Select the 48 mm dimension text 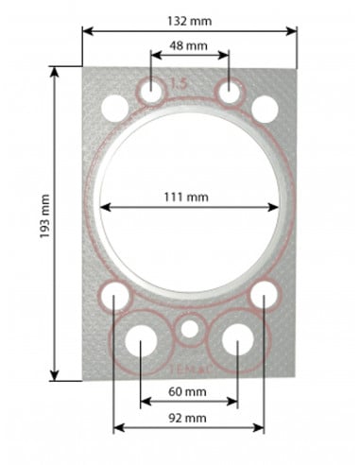tap(189, 44)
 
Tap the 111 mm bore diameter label tap(190, 197)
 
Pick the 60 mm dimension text tap(189, 390)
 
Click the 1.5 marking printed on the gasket tap(178, 85)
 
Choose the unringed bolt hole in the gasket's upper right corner tap(265, 108)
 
